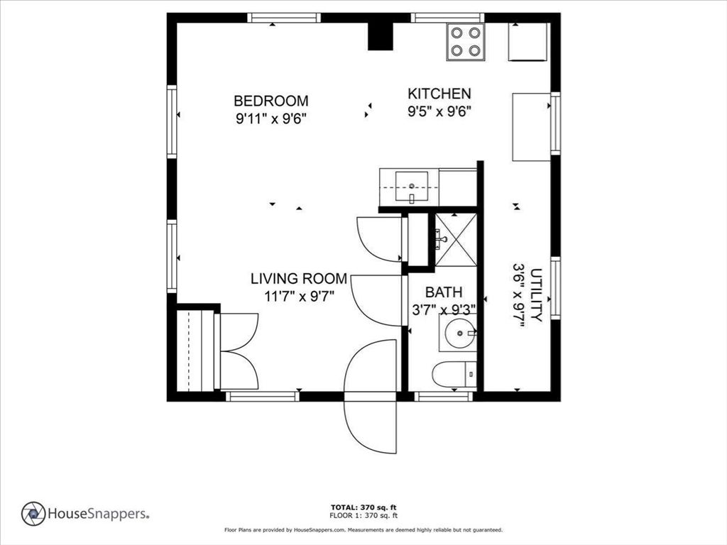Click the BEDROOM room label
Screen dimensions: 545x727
coord(271,101)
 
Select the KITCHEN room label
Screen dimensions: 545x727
coord(439,94)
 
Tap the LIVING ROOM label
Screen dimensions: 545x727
coord(299,279)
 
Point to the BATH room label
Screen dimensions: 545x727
coord(444,292)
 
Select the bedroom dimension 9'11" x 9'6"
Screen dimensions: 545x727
coord(271,119)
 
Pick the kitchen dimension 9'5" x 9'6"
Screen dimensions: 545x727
coord(439,111)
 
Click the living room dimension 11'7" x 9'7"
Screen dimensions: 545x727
coord(299,297)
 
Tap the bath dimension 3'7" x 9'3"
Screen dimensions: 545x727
coord(444,310)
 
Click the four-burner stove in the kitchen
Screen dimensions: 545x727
coord(465,42)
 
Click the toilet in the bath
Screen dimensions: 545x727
coord(454,374)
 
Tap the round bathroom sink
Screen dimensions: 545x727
coord(458,332)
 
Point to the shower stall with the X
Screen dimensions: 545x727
coord(454,239)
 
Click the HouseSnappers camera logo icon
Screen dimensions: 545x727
coord(33,513)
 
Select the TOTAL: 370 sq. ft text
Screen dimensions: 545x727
coord(363,507)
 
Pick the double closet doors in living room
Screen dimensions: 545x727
coord(239,351)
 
